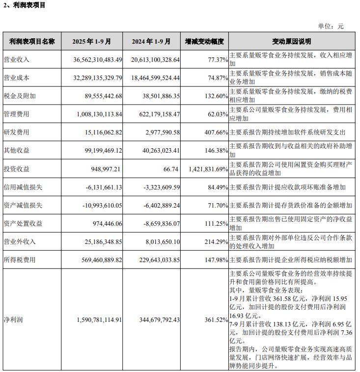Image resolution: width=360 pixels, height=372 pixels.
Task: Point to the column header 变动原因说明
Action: (x=292, y=42)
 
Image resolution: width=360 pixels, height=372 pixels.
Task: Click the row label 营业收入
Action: (x=17, y=60)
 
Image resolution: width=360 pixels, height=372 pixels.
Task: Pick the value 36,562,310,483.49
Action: (x=97, y=60)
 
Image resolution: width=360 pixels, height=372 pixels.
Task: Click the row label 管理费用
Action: (x=17, y=114)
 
